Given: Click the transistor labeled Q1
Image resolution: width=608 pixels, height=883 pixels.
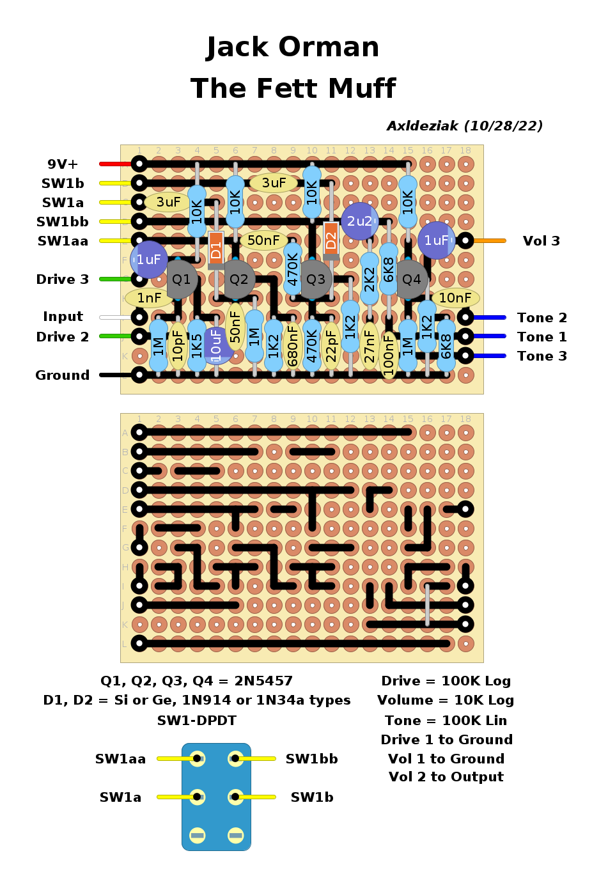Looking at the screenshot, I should [182, 279].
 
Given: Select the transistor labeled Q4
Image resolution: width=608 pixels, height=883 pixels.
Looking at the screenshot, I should [412, 279].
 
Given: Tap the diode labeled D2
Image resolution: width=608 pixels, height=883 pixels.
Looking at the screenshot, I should [331, 240].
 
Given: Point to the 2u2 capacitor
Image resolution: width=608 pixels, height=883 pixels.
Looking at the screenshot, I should [360, 221].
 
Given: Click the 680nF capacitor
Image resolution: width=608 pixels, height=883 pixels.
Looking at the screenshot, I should [293, 346].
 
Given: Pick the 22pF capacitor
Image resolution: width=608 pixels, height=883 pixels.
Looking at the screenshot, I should [331, 346].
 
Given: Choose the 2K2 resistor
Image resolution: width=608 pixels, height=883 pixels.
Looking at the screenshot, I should [370, 279].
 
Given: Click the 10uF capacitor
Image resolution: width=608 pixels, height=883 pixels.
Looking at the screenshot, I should [216, 346].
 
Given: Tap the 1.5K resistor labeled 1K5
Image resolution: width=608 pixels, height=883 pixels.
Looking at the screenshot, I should [197, 346].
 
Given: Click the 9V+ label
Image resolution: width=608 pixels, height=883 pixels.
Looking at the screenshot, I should [63, 164].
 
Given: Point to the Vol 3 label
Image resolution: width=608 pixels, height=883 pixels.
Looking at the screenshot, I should [541, 241].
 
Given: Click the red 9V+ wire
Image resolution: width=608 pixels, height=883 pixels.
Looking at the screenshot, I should [116, 164].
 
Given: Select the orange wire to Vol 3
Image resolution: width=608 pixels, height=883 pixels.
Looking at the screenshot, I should [490, 241].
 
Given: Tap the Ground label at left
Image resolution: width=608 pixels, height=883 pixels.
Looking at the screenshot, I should [63, 375].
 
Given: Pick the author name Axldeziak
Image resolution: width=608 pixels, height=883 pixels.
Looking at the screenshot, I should [423, 126].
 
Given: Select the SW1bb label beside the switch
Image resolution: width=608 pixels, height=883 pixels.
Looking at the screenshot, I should [311, 759].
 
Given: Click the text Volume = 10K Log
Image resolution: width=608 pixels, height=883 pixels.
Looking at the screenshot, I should [446, 701].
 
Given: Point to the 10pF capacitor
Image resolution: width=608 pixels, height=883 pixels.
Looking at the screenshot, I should [178, 346].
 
